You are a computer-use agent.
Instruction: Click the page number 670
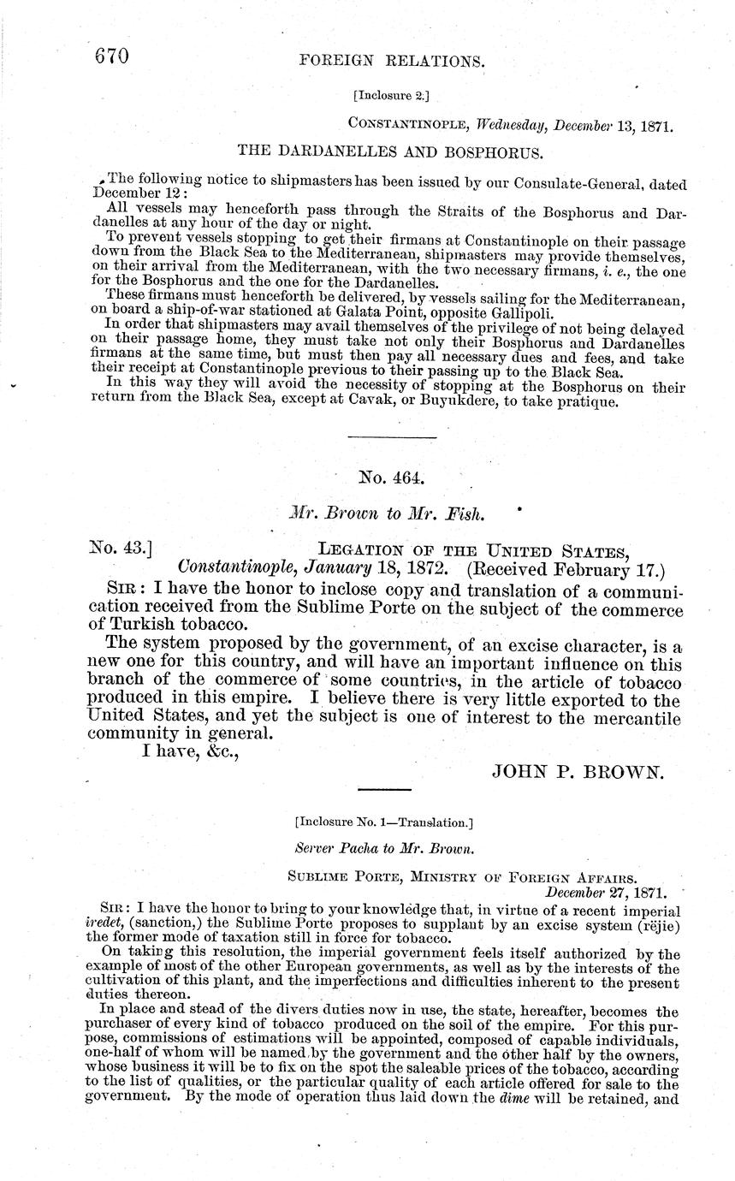[111, 56]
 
